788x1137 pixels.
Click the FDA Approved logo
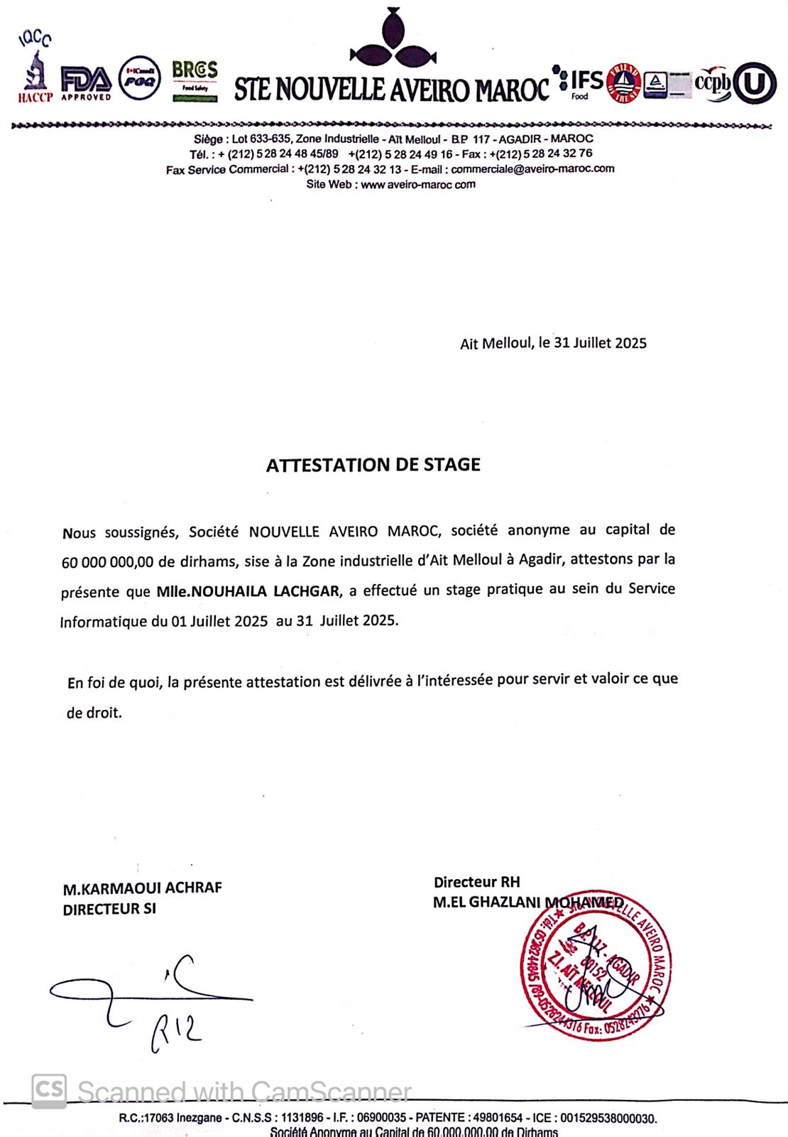[86, 82]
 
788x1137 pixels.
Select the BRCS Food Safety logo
[195, 80]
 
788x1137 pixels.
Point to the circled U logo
[755, 84]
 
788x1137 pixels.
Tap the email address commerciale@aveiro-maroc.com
[532, 169]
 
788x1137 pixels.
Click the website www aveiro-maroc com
[418, 185]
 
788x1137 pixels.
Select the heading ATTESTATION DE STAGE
[373, 465]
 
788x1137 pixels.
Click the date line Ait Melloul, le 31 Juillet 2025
[553, 343]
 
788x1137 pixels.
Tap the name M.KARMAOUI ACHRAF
[142, 888]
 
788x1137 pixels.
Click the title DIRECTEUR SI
[109, 909]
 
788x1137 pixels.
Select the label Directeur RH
[476, 882]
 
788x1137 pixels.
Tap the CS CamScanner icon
[49, 1090]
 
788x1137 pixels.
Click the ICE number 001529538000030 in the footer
[608, 1118]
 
